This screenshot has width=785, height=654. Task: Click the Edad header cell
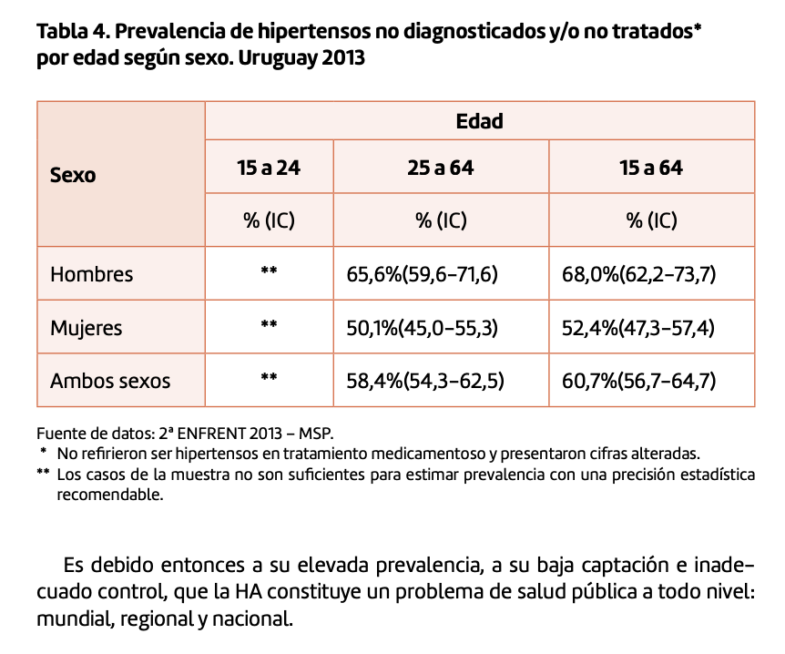(479, 120)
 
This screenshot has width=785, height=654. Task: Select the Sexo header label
(73, 175)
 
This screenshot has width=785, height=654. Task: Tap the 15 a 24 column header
(269, 168)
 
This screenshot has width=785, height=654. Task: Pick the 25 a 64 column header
(441, 168)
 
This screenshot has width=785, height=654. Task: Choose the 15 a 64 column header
(650, 168)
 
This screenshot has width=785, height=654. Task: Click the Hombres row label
(91, 273)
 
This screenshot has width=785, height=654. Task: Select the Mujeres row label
(86, 327)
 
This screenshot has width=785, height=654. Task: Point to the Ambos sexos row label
(110, 380)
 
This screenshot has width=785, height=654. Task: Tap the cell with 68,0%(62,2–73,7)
(638, 273)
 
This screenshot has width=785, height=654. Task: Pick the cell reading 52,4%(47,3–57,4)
(638, 327)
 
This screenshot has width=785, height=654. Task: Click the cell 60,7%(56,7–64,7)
(638, 380)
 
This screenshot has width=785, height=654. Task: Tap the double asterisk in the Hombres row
(269, 271)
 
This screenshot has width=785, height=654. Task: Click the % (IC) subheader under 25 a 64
(441, 220)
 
